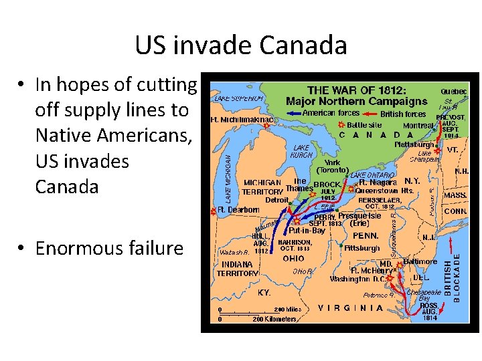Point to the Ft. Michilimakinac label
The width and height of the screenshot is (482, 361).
[242, 120]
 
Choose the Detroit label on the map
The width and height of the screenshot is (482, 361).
[276, 200]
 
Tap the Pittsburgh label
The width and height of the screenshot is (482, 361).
[363, 247]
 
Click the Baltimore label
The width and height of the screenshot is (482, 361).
[420, 261]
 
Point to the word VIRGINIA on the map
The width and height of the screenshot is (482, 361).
[351, 308]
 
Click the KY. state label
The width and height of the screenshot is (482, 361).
[266, 293]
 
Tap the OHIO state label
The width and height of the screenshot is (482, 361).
[293, 258]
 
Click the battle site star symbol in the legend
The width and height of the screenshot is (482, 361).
[341, 125]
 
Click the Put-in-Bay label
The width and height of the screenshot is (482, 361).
[307, 231]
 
